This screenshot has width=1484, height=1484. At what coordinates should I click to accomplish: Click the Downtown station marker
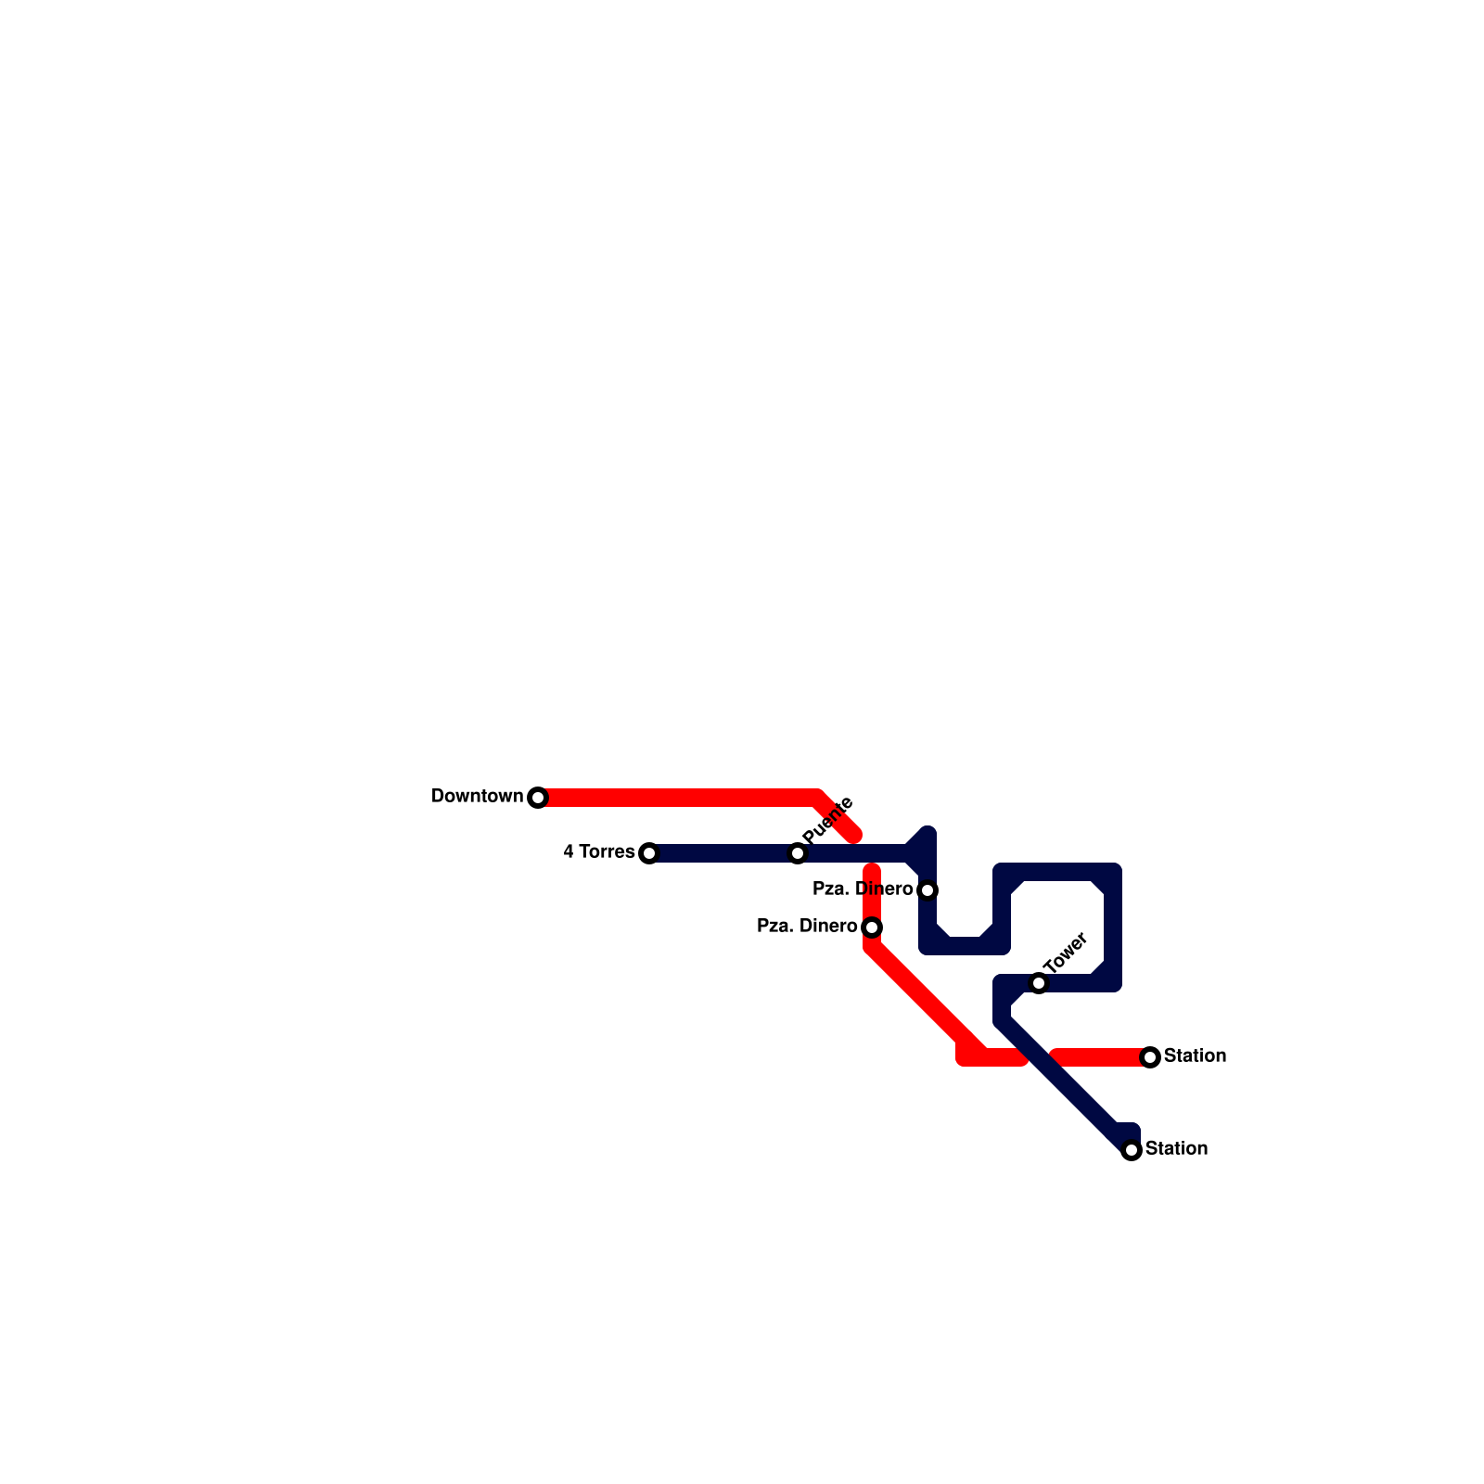(x=538, y=798)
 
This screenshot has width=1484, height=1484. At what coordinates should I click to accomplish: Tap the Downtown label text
(x=477, y=797)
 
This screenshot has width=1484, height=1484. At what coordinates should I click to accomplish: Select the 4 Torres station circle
(x=649, y=853)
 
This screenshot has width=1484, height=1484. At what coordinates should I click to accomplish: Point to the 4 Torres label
(x=598, y=852)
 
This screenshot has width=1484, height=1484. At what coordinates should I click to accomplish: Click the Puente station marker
(x=798, y=853)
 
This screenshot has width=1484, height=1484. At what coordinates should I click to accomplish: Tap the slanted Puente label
(x=827, y=820)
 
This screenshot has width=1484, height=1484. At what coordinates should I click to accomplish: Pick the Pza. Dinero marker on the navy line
(x=927, y=890)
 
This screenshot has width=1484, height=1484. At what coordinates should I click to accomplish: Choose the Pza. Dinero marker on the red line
(x=872, y=927)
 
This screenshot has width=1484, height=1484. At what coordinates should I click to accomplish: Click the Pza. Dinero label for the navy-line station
(x=862, y=889)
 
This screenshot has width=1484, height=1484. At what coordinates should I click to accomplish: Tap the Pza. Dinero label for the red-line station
(x=806, y=927)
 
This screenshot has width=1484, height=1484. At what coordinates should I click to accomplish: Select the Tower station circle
(x=1039, y=983)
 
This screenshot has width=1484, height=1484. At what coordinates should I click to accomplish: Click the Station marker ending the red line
(x=1150, y=1057)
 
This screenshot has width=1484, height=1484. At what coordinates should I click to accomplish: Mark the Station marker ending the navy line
(x=1132, y=1150)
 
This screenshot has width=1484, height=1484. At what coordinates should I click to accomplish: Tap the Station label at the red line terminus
(x=1195, y=1056)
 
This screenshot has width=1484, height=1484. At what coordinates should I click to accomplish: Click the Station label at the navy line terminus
(x=1176, y=1149)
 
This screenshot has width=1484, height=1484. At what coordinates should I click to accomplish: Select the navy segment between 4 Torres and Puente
(x=723, y=853)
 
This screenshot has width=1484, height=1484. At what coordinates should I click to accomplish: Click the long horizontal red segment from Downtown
(x=677, y=798)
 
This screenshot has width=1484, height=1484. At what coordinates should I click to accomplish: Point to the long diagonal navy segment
(x=1067, y=1085)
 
